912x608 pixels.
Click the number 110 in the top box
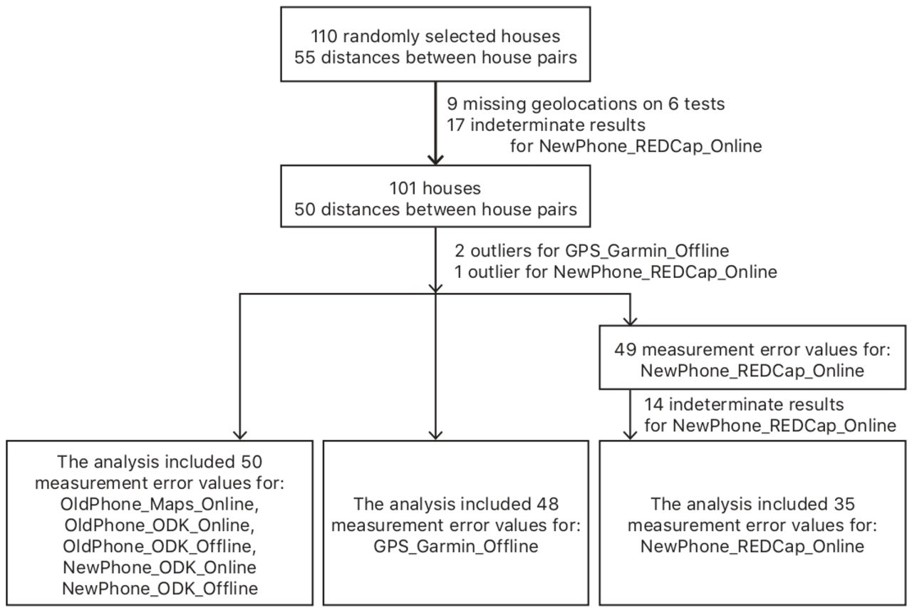324,36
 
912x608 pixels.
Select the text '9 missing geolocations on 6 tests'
586,104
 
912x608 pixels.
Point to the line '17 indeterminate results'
546,125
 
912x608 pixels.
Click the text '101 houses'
435,188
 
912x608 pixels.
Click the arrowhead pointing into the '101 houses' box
435,159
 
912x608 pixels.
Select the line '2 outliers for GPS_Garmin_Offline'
591,251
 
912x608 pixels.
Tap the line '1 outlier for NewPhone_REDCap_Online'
616,272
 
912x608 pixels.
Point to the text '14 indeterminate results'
744,404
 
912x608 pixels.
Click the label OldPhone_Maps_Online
160,504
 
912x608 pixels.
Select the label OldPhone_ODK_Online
160,525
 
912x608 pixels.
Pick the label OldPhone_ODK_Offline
160,547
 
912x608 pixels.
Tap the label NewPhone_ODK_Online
160,567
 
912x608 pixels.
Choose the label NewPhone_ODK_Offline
160,589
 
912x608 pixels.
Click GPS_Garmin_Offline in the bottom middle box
456,547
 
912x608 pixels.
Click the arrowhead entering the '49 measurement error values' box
631,321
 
